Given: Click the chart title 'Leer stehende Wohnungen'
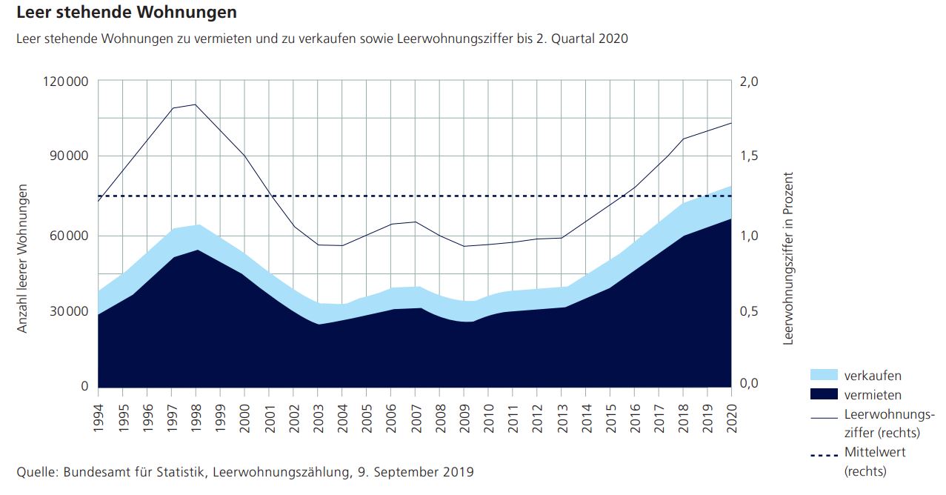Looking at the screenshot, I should coord(126,13).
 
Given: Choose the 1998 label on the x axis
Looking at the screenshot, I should coord(196,422).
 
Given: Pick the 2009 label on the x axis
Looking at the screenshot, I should coord(464,422).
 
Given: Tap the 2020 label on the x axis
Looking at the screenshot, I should coord(732,422).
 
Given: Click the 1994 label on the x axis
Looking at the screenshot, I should coord(99,422).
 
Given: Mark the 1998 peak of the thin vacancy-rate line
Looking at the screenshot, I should coord(196,104).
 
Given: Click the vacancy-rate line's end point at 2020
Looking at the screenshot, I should coord(731,123).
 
